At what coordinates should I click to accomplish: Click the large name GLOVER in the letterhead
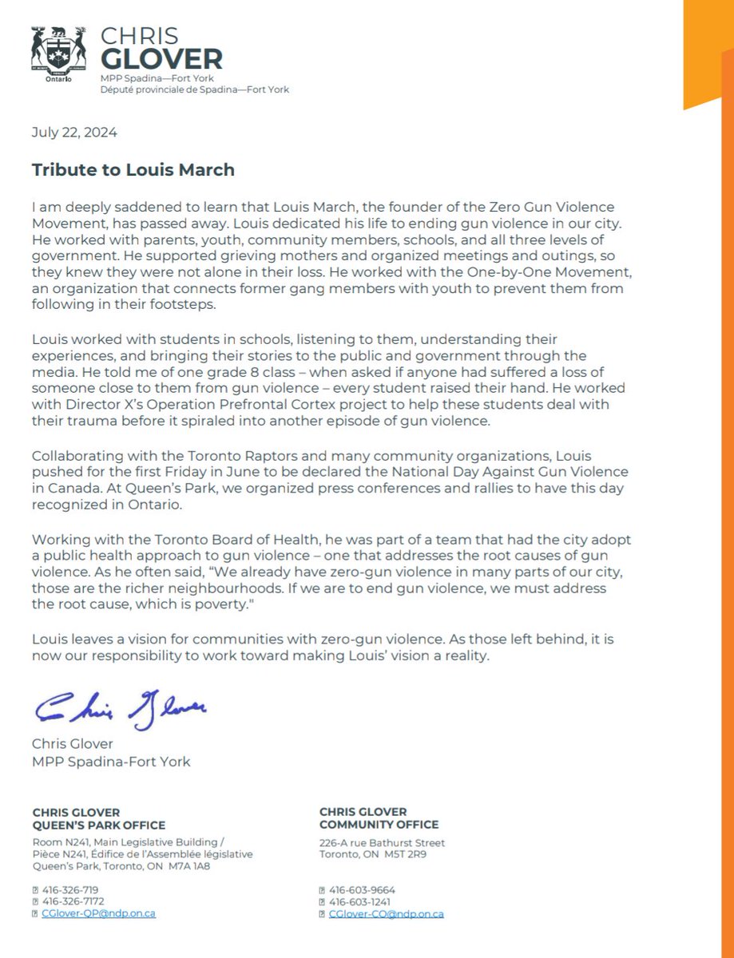point(161,58)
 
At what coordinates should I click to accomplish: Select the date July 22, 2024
point(74,133)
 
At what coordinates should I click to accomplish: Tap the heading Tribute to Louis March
point(133,170)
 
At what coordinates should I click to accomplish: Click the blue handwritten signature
point(120,706)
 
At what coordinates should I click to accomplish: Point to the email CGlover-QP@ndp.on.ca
point(97,913)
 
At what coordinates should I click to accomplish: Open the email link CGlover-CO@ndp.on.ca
point(386,913)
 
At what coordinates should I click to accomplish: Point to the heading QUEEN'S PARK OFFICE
point(98,825)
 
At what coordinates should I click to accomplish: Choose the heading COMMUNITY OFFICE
point(379,825)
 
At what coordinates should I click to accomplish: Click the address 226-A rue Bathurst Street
point(382,842)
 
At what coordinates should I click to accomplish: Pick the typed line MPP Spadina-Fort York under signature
point(111,762)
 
